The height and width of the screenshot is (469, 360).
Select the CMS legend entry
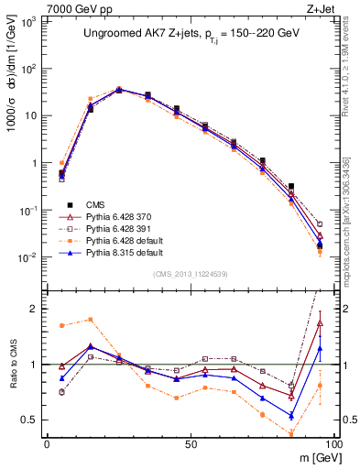pyautogui.click(x=96, y=203)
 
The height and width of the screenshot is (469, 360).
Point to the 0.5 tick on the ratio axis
pyautogui.click(x=33, y=420)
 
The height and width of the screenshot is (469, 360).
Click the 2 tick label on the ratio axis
pyautogui.click(x=37, y=309)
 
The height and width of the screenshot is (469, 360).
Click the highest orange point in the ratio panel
pyautogui.click(x=90, y=320)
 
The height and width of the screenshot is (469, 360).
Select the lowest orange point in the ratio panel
pyautogui.click(x=291, y=433)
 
